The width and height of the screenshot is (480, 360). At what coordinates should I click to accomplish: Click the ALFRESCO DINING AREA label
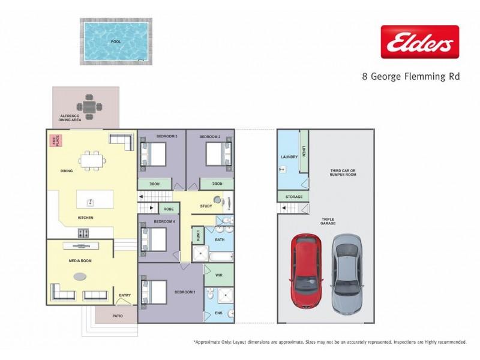click(70, 118)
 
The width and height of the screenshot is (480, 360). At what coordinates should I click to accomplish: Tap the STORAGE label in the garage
click(293, 197)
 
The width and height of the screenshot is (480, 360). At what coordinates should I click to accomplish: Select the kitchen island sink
click(91, 202)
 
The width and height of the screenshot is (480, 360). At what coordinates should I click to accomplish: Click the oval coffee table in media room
click(80, 277)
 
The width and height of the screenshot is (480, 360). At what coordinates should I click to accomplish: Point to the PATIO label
click(118, 314)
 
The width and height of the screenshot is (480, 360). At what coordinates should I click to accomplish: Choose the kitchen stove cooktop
click(83, 233)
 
